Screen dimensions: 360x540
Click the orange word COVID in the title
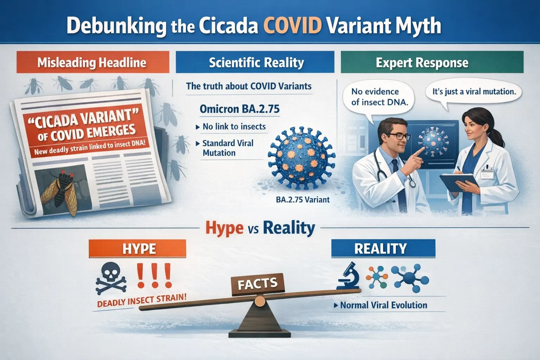click(x=291, y=26)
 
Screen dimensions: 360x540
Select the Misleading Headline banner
click(x=92, y=63)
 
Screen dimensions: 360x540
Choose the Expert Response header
click(x=422, y=63)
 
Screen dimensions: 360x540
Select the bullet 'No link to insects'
click(x=234, y=127)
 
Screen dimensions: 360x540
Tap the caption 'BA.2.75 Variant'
click(x=303, y=200)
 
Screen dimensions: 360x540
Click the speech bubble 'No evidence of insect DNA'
click(x=375, y=97)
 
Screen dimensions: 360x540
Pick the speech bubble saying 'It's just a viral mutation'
click(x=474, y=92)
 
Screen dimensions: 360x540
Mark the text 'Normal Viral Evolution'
click(x=383, y=305)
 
